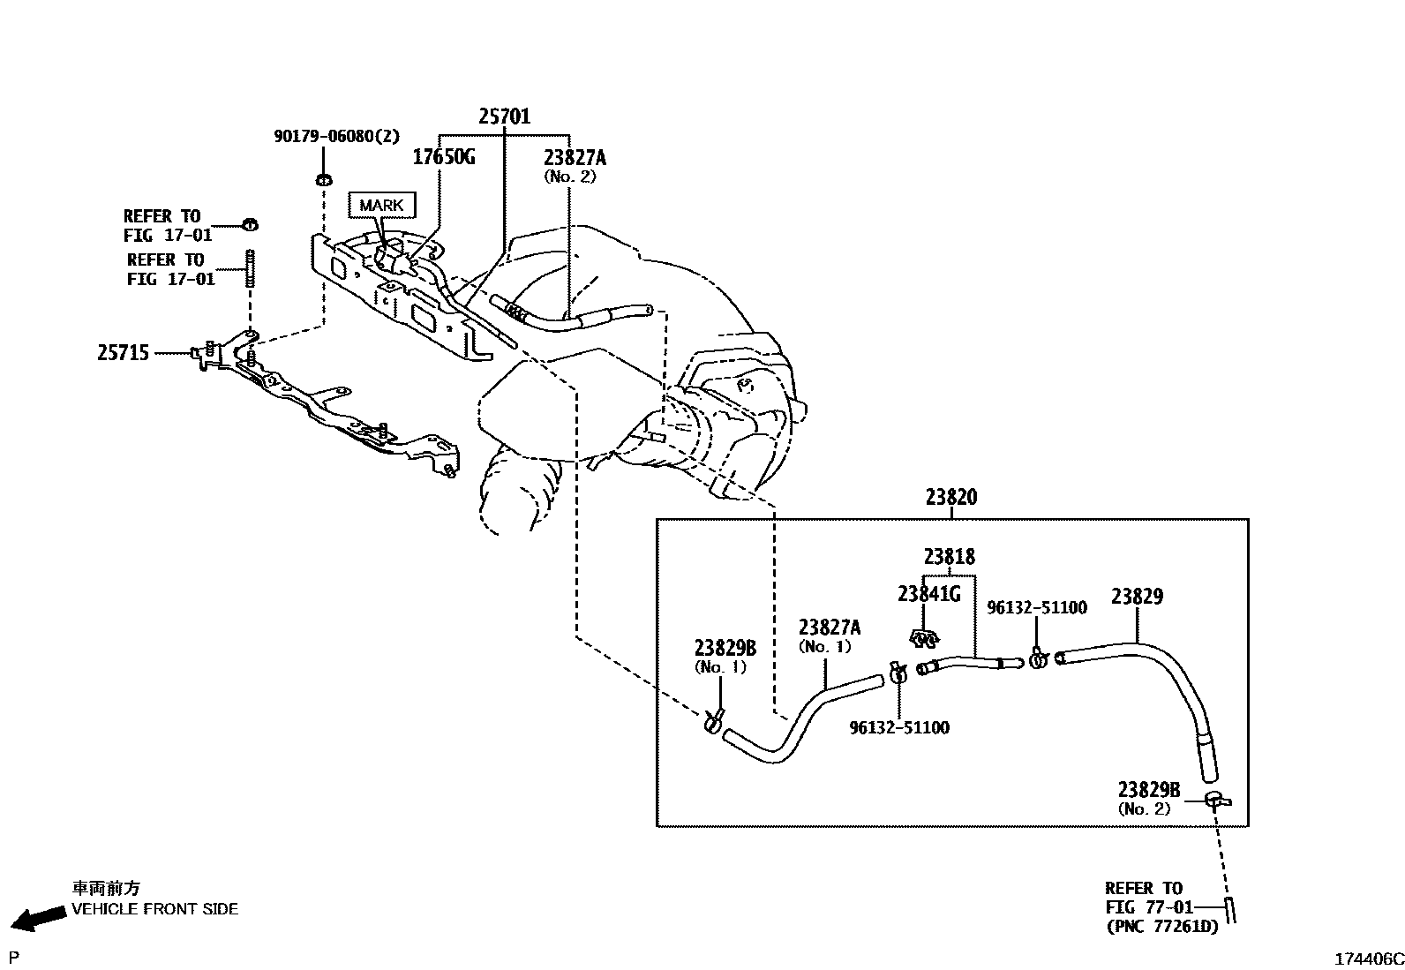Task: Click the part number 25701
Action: click(504, 117)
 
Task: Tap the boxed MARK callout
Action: click(381, 206)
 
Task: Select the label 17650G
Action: click(444, 157)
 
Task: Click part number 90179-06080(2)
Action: click(336, 136)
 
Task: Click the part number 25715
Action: click(123, 353)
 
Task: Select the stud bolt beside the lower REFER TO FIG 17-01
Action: click(250, 267)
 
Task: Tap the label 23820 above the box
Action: click(950, 498)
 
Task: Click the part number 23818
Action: click(949, 557)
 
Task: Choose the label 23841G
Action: click(928, 594)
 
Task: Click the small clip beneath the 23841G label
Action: click(924, 637)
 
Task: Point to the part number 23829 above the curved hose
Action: click(1137, 597)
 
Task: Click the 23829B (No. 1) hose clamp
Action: click(714, 721)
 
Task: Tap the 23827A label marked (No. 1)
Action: click(829, 628)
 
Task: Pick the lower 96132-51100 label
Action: click(899, 728)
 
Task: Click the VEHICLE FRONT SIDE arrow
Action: click(41, 919)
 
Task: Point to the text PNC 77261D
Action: click(1162, 927)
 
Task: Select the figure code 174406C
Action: click(1367, 959)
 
